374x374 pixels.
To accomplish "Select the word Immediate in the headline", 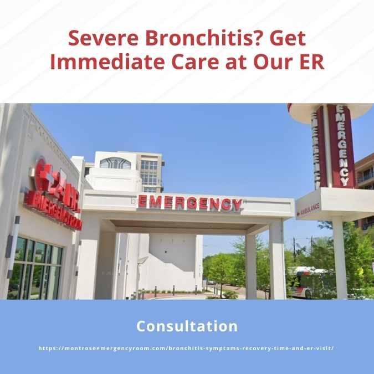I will pos(100,62).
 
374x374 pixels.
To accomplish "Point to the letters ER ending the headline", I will pos(312,62).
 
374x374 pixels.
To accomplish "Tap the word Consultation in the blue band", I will pos(187,326).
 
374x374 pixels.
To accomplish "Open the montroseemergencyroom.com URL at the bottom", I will pos(187,348).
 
